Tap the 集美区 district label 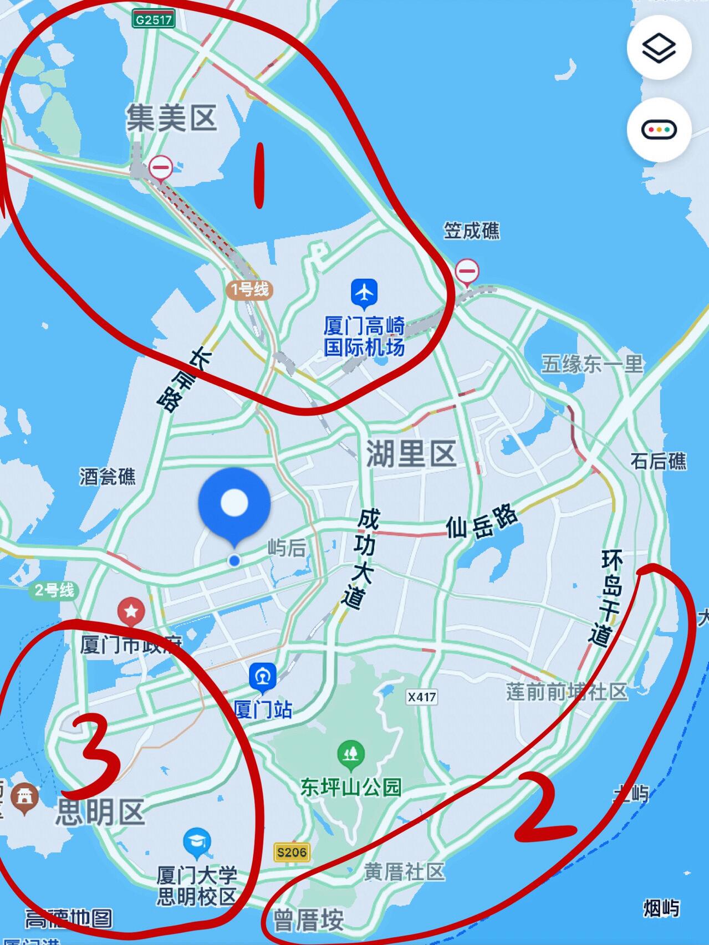click(171, 118)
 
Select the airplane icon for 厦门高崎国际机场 click(364, 293)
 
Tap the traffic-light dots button click(659, 130)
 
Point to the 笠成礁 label click(471, 231)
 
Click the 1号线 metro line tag click(249, 289)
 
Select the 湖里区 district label click(411, 453)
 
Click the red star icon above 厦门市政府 click(132, 611)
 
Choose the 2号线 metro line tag click(53, 591)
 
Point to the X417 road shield click(421, 697)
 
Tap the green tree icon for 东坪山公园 click(350, 754)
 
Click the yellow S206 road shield click(292, 852)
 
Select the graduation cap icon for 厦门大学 click(196, 842)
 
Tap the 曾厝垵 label click(308, 921)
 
